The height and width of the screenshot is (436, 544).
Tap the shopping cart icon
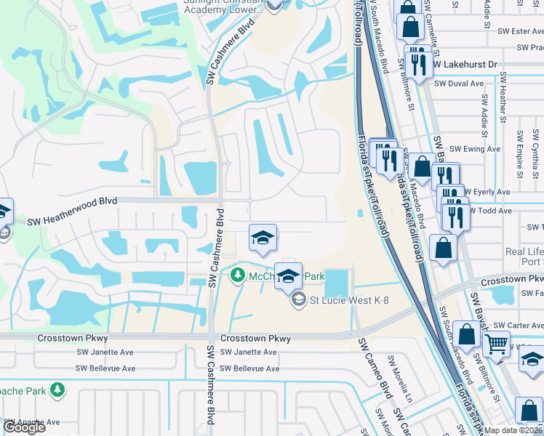pos(497,344)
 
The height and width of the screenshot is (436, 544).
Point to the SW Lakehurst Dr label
pos(465,65)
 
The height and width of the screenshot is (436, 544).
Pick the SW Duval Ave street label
pos(459,84)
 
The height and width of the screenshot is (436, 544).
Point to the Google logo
pos(25,427)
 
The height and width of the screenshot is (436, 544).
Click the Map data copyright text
pos(514,430)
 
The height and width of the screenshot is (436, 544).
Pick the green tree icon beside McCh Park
pos(237,275)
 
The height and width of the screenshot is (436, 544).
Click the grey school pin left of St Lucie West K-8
pos(298,299)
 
